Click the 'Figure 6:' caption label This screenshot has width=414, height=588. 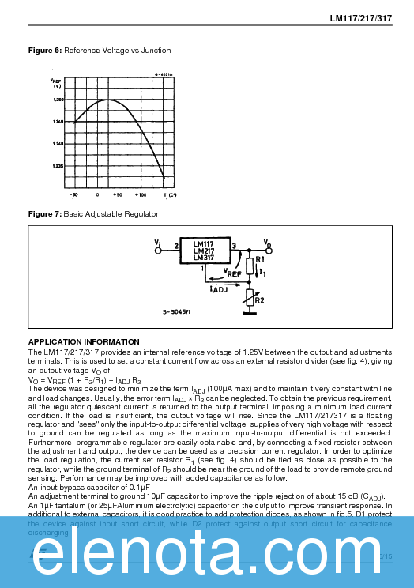tap(44, 51)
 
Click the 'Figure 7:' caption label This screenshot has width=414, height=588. tap(44, 214)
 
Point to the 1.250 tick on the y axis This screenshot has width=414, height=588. tap(58, 100)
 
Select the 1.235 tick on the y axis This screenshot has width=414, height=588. tap(58, 166)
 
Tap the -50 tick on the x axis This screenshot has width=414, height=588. tap(73, 194)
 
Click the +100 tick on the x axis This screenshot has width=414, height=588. tap(141, 194)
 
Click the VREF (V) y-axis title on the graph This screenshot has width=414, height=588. tap(56, 82)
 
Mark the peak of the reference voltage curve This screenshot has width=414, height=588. tap(107, 100)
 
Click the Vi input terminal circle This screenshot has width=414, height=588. tap(162, 246)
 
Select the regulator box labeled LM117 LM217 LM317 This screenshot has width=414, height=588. tap(204, 251)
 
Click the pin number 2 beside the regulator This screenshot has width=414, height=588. tap(175, 246)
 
